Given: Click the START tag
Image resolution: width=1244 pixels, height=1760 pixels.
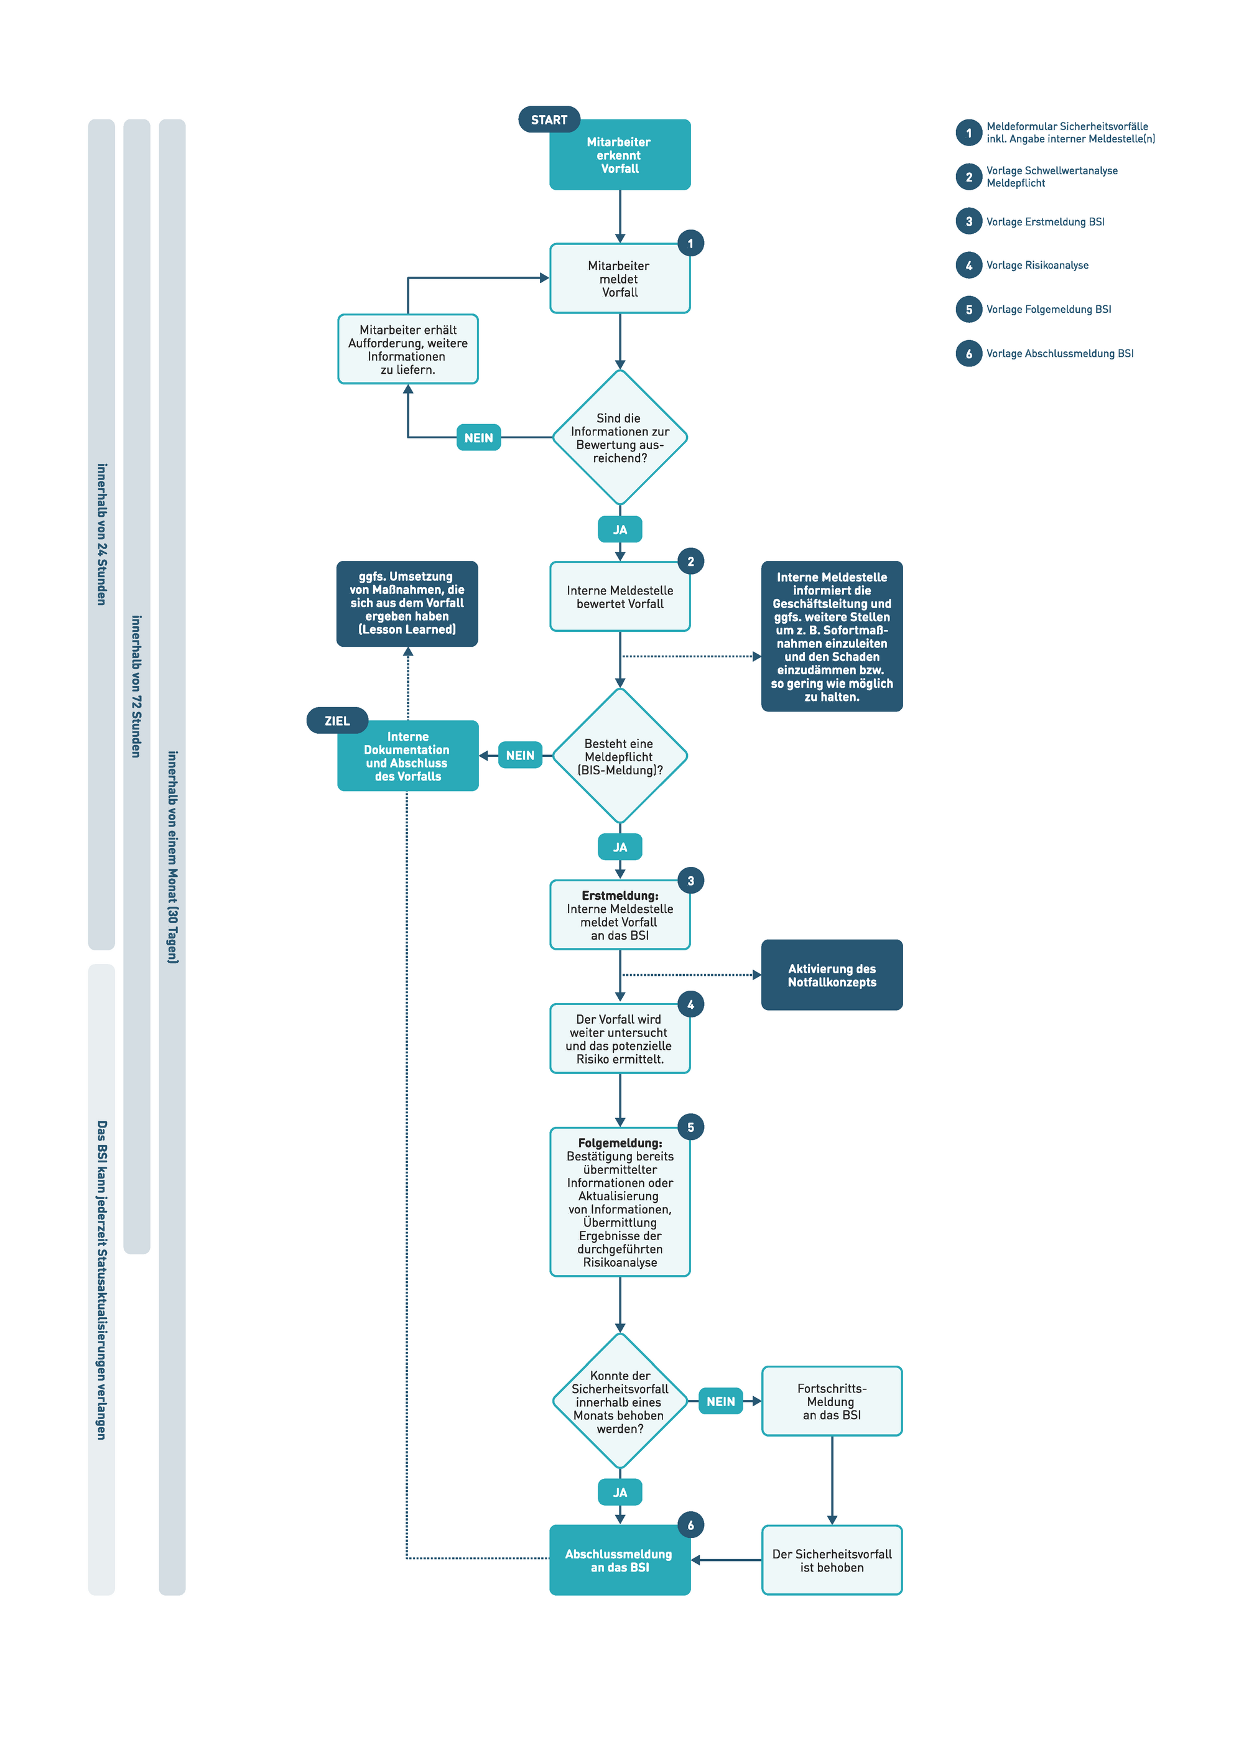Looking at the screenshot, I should pos(549,119).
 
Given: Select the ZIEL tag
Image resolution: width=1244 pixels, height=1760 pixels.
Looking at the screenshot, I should pos(337,721).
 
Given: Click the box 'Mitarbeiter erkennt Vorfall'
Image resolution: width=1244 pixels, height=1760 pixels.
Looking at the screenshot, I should pos(620,155).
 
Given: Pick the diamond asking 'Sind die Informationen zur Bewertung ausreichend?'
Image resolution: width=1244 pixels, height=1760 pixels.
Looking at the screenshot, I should pos(620,438).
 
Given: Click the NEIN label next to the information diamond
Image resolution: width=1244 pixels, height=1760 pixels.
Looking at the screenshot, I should pos(478,438).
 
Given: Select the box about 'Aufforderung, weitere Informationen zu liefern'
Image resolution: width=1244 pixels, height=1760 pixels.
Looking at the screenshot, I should pos(408,350).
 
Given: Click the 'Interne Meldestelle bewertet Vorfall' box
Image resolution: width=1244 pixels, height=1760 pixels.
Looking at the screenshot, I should pos(620,597).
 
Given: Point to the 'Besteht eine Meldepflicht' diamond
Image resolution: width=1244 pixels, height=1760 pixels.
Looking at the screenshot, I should pos(620,757).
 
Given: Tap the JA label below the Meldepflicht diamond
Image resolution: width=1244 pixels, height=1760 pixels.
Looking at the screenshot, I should pos(620,847).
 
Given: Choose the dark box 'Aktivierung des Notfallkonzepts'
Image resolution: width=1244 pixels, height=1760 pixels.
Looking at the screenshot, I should pos(832,975).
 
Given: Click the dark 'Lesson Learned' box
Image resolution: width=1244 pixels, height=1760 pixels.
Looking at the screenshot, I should pos(407,603).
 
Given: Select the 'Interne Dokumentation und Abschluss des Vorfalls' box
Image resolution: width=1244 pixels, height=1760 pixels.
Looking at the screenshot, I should pos(408,757).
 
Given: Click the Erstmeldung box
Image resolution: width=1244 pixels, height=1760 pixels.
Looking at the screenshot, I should pos(620,915).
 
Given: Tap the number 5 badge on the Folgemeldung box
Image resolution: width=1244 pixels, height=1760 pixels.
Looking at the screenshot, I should pos(690,1127).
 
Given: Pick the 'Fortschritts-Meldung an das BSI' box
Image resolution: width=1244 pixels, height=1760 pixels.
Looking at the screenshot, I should pos(832,1401).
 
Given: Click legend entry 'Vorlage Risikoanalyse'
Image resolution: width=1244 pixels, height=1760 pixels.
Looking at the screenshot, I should pos(1036,265).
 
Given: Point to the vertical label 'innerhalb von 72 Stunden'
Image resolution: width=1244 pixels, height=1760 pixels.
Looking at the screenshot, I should pos(136,686).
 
